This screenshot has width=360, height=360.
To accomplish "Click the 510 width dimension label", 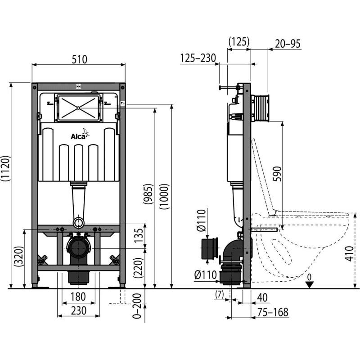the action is coord(80,59).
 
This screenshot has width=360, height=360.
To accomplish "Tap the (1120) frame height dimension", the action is coord(5,168).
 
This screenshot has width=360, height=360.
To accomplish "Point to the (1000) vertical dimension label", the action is coord(165,196).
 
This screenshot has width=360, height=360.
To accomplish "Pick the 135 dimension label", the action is coord(139,235).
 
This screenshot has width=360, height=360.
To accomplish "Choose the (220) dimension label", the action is coord(139,268).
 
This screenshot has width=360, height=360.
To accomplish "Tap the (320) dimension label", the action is coord(18,256).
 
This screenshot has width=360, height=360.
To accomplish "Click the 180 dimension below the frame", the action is coord(78,297).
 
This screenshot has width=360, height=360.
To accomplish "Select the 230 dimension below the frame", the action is coord(78,310).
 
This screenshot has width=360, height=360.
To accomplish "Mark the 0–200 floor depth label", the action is coord(137,306).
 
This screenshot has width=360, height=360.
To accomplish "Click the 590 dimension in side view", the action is coord(277,174).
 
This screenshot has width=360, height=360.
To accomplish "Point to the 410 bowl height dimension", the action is coord(349,253).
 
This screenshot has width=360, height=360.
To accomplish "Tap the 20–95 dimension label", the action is coord(288,44).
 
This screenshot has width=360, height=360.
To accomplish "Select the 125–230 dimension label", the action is coord(198,58).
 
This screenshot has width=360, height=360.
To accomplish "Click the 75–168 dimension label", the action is coord(273,312).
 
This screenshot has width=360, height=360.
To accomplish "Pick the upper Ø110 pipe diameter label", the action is coord(201,220).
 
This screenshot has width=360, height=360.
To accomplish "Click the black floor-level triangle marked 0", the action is coord(310,285).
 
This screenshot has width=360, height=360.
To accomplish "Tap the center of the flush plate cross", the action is coord(78,108).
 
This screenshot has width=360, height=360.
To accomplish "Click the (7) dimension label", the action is coord(219,295).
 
